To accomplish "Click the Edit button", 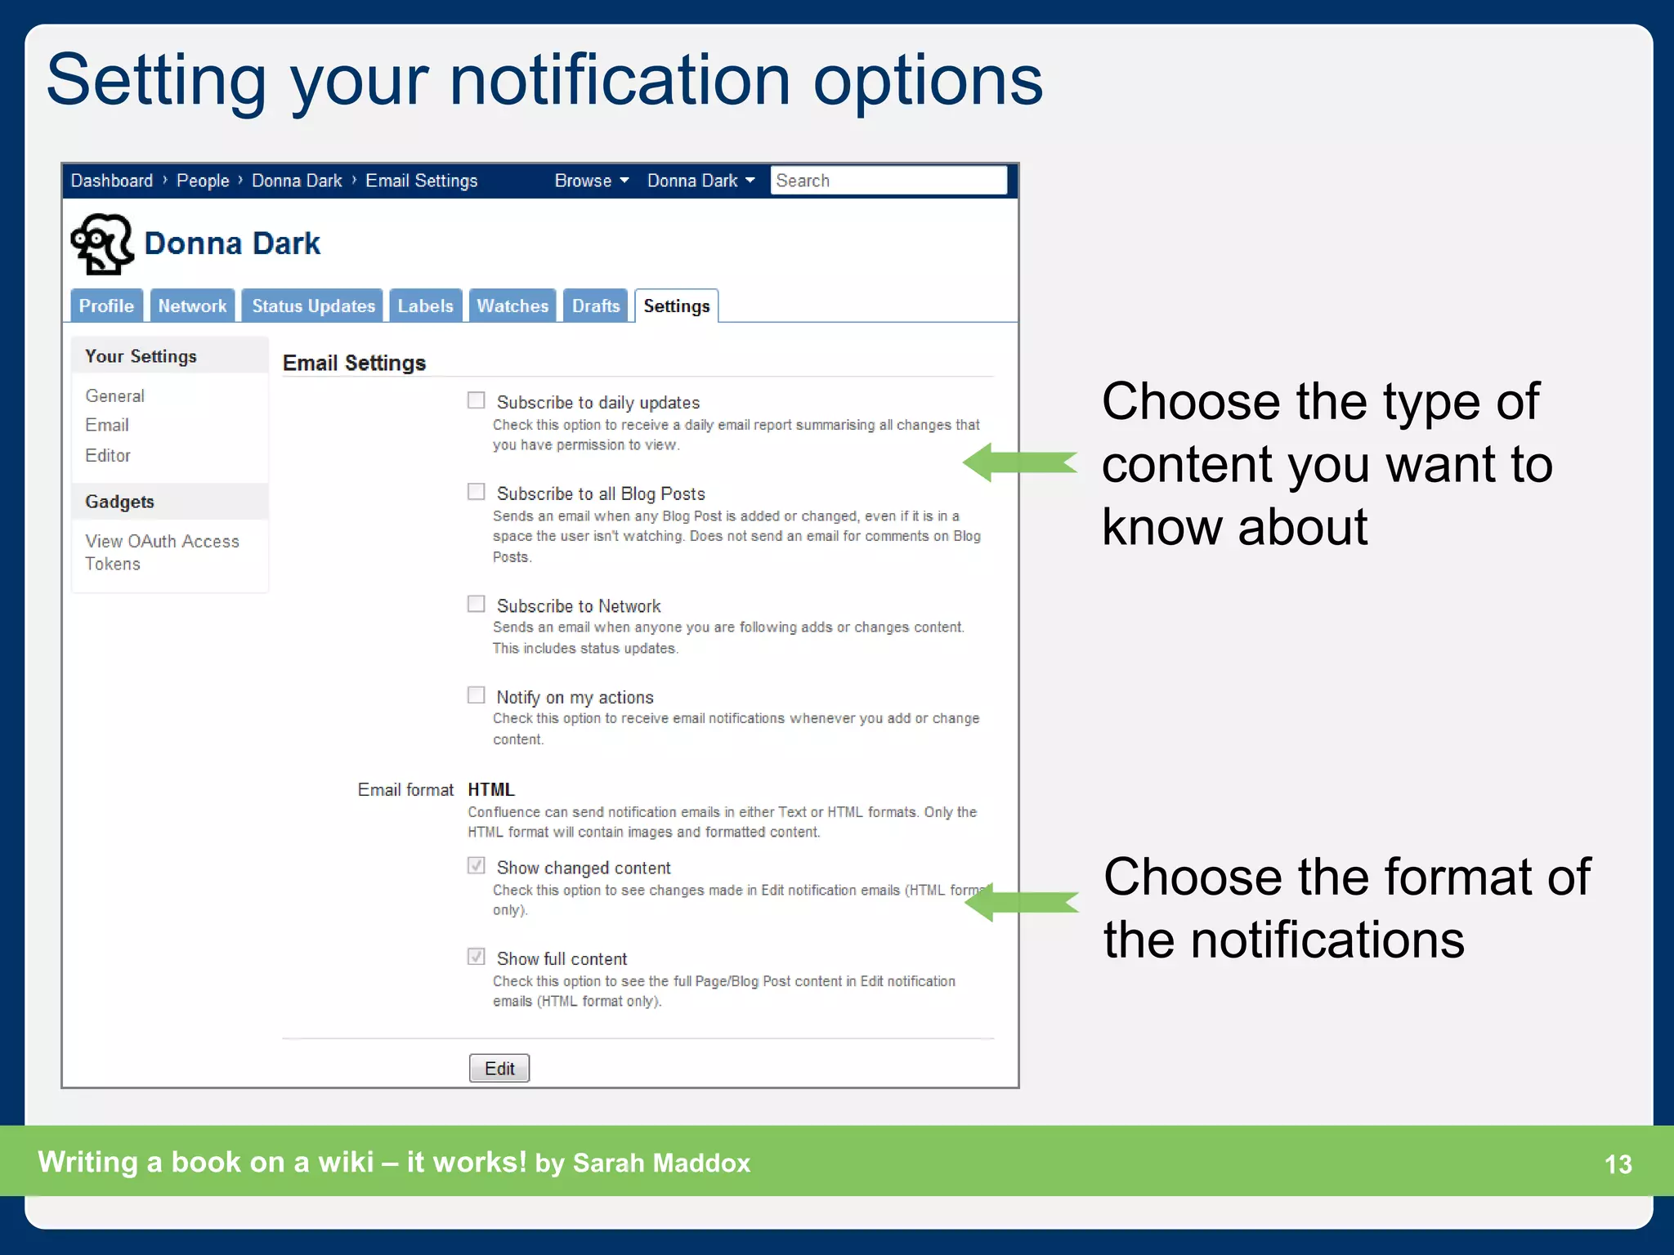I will point(499,1068).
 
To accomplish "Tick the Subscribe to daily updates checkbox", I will point(476,400).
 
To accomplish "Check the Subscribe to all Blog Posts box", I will point(476,492).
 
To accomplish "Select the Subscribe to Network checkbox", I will point(476,604).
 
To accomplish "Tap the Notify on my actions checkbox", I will point(476,695).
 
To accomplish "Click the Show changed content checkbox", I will point(476,865).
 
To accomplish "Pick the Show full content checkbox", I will point(476,957).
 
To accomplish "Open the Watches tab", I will point(512,306).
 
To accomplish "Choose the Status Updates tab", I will point(313,306).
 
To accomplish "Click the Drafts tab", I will point(595,306).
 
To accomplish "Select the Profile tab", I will point(106,306).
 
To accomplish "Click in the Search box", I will point(888,181).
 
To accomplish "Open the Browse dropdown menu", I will point(591,181).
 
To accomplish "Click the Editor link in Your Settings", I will point(108,455).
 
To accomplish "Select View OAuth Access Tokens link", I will point(162,552).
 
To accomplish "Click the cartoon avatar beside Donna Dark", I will point(102,243).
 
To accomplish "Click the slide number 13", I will point(1618,1163).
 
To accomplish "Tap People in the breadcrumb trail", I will point(203,181).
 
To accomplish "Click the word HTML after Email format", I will point(490,789).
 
